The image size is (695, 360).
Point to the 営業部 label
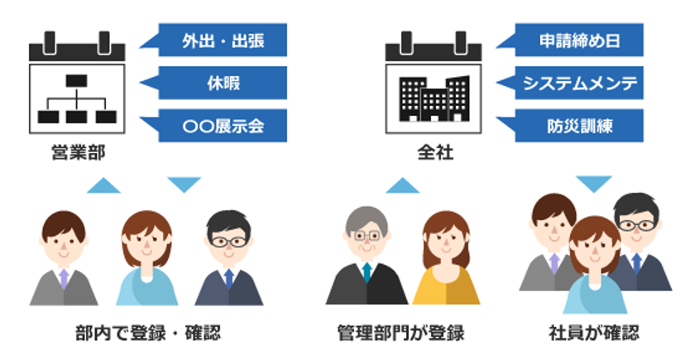(78, 153)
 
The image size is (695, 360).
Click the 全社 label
(435, 153)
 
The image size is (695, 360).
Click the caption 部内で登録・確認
(147, 333)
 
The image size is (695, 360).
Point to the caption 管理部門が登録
(400, 333)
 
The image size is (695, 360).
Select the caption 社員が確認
(594, 333)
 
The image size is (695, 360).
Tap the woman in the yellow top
(446, 258)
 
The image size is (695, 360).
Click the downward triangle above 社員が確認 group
(594, 184)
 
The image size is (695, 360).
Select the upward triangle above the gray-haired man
(402, 185)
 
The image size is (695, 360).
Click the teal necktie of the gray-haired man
(367, 272)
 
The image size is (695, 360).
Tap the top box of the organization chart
(77, 81)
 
